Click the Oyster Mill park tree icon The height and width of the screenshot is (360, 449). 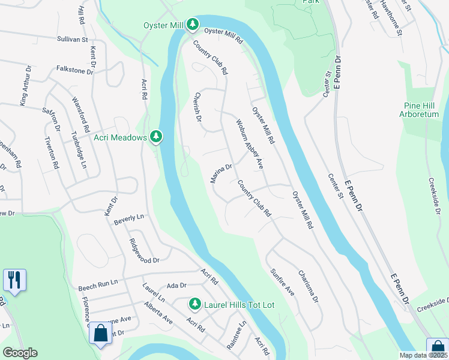pos(192,25)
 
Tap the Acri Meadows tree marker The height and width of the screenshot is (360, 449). pos(156,137)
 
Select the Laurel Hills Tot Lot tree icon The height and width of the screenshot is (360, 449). pos(194,304)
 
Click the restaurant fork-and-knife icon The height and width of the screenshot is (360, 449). pos(14,280)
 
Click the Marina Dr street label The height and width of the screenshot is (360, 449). pos(221,174)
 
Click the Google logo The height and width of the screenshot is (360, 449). pos(20,353)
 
